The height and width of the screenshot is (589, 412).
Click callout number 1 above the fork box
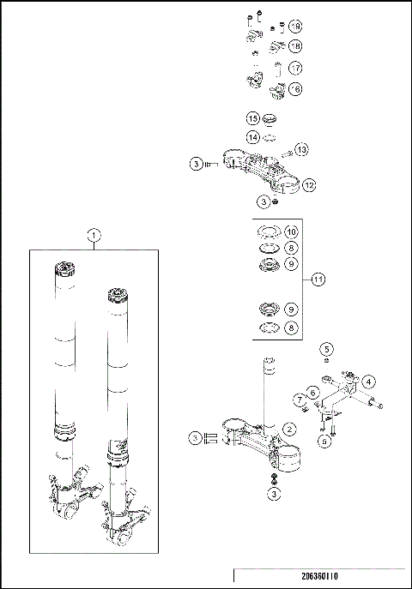(x=94, y=233)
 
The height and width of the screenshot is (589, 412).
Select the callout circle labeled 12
(x=309, y=184)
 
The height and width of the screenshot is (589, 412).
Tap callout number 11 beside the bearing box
(x=318, y=279)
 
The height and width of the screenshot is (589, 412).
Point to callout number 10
(x=291, y=232)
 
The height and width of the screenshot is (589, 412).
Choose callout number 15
(x=253, y=117)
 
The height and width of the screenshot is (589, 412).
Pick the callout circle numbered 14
(x=253, y=136)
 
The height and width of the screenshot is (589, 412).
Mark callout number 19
(x=295, y=26)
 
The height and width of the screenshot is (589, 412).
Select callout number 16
(x=295, y=88)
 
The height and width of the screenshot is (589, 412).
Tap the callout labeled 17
(x=295, y=67)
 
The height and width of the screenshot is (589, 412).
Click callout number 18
(x=295, y=46)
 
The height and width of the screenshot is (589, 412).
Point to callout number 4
(x=367, y=380)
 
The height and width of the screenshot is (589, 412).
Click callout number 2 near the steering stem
(x=290, y=428)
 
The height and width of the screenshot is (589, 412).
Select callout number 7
(x=300, y=400)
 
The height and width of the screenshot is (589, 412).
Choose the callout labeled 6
(x=314, y=392)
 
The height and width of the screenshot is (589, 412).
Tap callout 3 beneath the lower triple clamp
(x=274, y=494)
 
